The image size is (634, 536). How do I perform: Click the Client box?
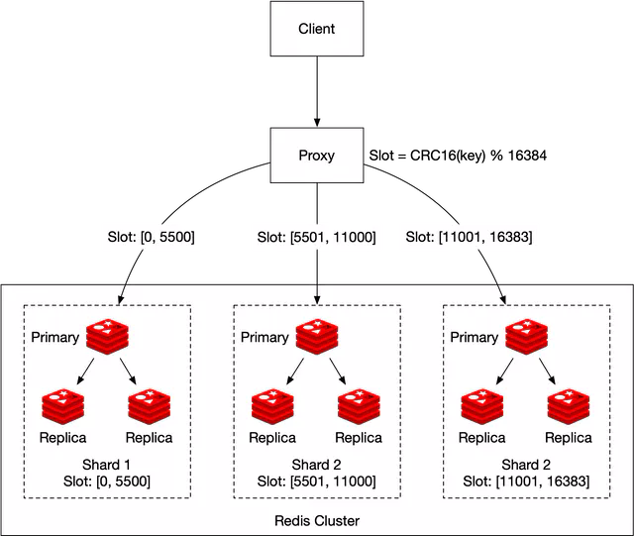(x=317, y=29)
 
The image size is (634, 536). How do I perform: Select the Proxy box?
(x=317, y=156)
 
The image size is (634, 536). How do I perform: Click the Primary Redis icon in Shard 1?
(x=108, y=337)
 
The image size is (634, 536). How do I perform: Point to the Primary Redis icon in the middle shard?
(x=318, y=337)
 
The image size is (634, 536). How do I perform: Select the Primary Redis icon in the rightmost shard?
(x=528, y=337)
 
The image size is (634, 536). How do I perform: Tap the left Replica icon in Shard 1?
(x=63, y=407)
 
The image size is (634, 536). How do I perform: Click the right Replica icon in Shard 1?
(x=151, y=407)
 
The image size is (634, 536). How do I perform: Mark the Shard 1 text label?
(x=108, y=465)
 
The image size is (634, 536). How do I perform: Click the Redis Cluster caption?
(x=317, y=520)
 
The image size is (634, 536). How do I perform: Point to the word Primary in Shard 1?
(x=54, y=337)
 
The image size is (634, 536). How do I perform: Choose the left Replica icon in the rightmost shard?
(x=483, y=407)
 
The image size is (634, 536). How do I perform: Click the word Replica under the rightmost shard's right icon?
(x=569, y=438)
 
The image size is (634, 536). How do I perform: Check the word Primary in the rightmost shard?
(x=475, y=337)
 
